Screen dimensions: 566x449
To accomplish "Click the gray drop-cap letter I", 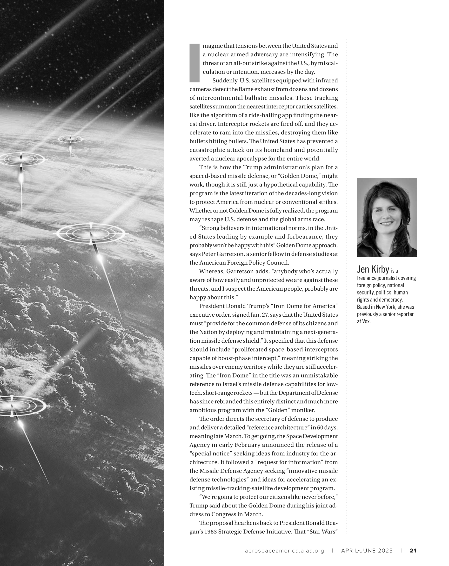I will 194,63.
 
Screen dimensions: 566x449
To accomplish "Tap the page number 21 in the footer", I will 413,551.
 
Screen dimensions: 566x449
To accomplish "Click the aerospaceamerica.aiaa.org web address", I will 284,551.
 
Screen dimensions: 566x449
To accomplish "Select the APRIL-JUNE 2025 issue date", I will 367,551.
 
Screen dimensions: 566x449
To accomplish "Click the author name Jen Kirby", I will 373,269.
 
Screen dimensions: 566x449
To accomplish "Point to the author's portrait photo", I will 387,217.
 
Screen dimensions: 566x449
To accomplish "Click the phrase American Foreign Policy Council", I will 244,263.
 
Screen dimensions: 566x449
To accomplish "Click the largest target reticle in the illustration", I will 91,233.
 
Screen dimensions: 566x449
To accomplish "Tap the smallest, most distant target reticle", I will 70,139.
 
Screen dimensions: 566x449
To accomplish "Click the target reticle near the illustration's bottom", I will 13,406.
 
